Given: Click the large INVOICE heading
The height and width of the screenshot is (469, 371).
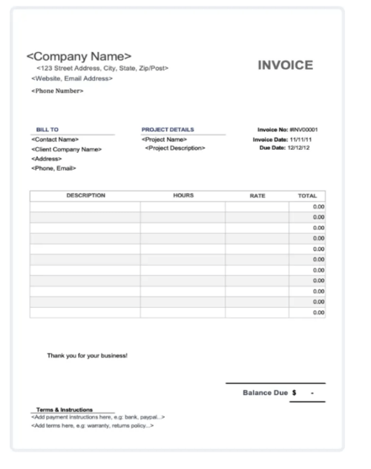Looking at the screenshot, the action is [x=285, y=65].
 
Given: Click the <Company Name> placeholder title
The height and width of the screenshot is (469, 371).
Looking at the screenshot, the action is [x=79, y=56].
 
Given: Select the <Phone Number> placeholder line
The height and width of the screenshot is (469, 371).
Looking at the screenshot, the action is [x=58, y=91].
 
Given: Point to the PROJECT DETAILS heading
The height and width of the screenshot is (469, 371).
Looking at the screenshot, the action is [x=168, y=128].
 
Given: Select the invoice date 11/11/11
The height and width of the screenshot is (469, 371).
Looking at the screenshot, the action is [x=306, y=139].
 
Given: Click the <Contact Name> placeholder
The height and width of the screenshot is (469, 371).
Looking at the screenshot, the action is [x=55, y=139].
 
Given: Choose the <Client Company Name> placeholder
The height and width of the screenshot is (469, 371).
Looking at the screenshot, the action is [x=67, y=149].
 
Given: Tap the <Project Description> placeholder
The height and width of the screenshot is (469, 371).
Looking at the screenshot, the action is [x=175, y=148].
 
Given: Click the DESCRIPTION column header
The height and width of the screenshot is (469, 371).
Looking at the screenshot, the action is [x=85, y=195].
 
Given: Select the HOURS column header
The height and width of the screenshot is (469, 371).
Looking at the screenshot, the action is [x=183, y=195].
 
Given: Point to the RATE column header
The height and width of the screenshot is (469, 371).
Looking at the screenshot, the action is [x=257, y=195].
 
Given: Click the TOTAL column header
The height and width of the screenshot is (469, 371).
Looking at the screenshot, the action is [x=307, y=195].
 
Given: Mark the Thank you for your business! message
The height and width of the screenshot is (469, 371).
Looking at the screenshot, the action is [x=88, y=355].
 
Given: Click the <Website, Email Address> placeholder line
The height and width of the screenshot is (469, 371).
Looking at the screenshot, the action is [x=72, y=79].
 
